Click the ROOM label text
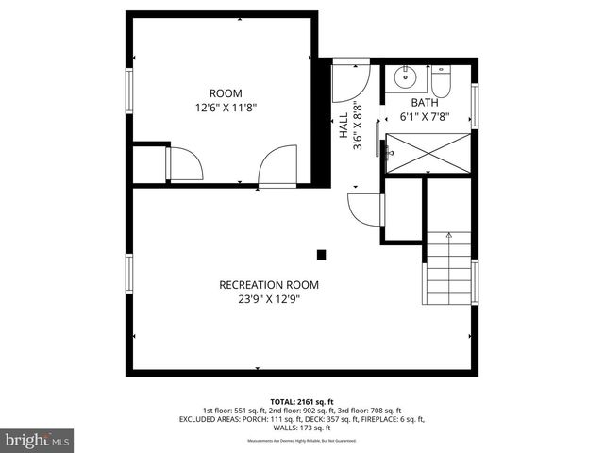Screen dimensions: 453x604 coord(226,93)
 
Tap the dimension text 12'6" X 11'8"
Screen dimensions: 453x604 coord(226,108)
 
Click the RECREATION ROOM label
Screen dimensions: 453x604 coord(269,285)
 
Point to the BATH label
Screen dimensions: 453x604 coord(424,103)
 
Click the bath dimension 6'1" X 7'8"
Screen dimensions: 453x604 coord(424,118)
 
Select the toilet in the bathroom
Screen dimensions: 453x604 coord(444,79)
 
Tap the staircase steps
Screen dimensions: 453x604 coord(447,268)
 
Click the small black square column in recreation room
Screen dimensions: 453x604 coord(322,254)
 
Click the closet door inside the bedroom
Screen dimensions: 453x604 coord(184,164)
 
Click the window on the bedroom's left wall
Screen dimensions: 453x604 coord(130,89)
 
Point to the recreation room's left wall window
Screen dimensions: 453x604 coord(130,273)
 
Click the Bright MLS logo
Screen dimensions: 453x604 coord(37,440)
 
